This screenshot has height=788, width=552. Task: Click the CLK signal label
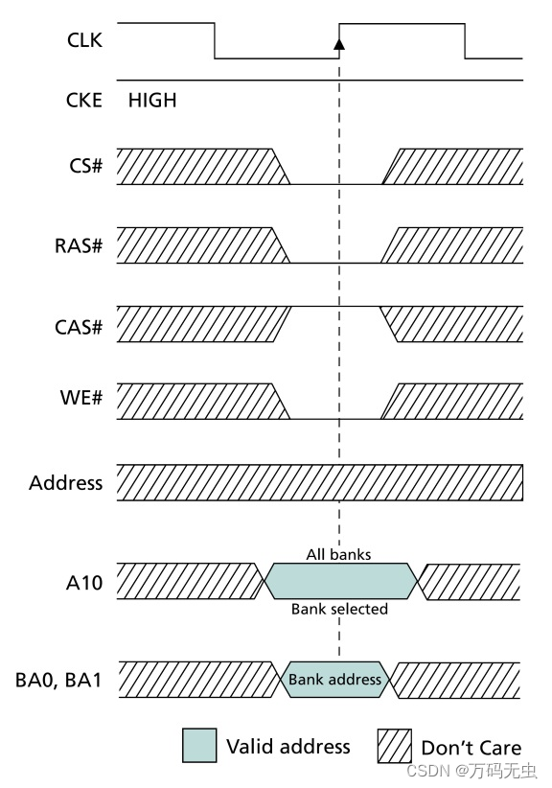tap(85, 41)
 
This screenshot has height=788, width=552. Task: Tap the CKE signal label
tap(85, 100)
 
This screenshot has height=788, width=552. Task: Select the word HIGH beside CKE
tap(152, 100)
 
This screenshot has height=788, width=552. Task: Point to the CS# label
tap(85, 167)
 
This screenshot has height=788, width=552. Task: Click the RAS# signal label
tap(80, 244)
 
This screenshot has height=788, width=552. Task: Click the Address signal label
tap(66, 482)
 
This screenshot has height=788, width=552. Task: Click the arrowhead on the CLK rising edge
tap(338, 43)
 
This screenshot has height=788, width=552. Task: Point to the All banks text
tap(338, 554)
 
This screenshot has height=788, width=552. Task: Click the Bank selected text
tap(339, 609)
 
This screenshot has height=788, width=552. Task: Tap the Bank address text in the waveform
tap(334, 680)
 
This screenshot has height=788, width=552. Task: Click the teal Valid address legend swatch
tap(198, 745)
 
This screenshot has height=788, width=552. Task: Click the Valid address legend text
tap(287, 746)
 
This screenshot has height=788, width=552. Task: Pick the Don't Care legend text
tap(471, 747)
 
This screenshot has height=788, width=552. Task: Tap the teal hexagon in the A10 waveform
tap(340, 581)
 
